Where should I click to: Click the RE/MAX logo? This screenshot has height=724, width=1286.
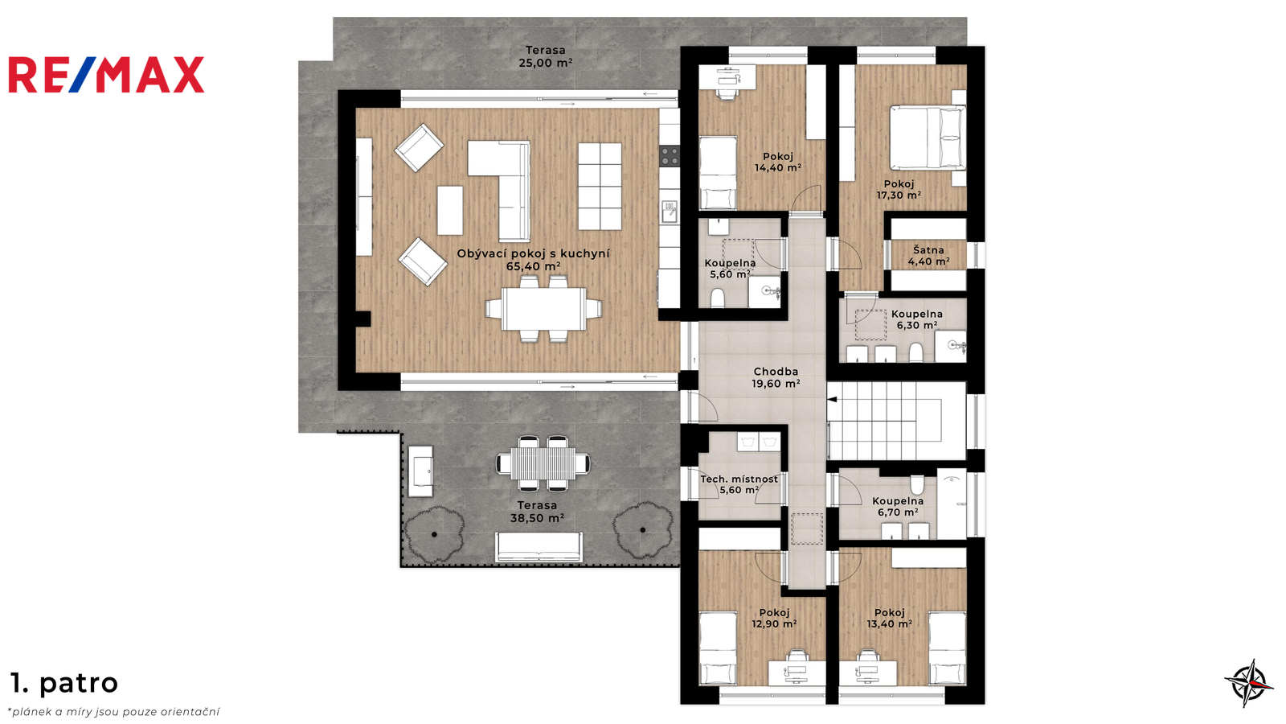point(106,75)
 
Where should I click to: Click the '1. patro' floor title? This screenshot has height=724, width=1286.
point(64,683)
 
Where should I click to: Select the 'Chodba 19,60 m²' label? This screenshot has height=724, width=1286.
point(776,377)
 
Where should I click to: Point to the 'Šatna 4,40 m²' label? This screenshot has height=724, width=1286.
point(928,256)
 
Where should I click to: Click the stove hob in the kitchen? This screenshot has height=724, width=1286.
point(670,156)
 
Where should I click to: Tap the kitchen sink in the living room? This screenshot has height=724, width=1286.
point(670,211)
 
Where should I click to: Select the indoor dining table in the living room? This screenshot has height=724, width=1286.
point(543,309)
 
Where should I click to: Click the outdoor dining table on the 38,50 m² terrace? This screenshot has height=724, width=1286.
point(543,463)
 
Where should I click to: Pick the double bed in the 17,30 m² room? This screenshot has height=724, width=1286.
point(928,138)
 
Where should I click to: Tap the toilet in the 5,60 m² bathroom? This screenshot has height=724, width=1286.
point(717,298)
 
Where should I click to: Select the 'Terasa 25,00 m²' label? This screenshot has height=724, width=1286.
point(546,57)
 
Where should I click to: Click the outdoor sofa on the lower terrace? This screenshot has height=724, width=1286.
point(539,547)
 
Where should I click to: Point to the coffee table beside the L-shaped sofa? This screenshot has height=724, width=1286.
point(450,210)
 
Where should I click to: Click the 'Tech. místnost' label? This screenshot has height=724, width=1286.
point(739,479)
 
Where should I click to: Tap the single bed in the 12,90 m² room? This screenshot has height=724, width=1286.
point(718,648)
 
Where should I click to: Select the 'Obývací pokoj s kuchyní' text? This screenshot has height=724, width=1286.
point(533,253)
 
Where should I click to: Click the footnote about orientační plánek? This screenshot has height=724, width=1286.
point(113,712)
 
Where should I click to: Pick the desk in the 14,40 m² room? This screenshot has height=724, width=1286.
point(727,77)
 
